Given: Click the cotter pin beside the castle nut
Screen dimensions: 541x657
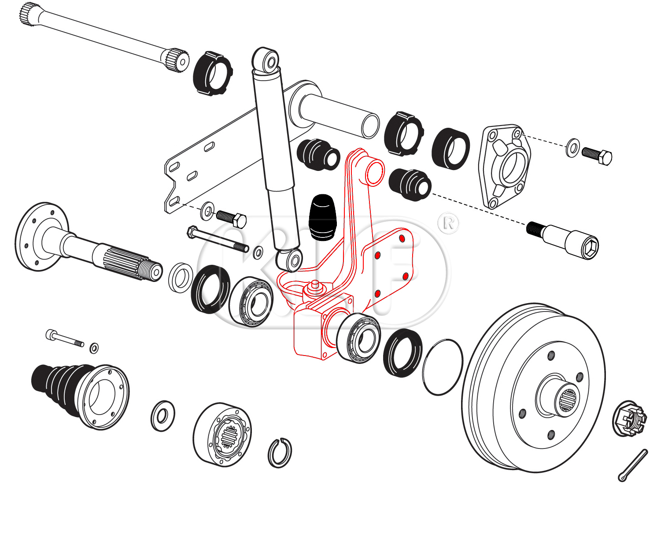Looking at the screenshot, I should [x=633, y=465].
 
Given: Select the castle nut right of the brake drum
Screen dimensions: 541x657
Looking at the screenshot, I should [x=630, y=419].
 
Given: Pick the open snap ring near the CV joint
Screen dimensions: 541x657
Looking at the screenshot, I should [x=280, y=452].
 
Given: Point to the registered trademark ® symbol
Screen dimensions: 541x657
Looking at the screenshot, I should [x=448, y=223].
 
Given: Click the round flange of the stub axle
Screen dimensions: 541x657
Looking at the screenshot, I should [x=35, y=237].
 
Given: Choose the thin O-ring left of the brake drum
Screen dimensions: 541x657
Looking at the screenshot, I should [x=443, y=367].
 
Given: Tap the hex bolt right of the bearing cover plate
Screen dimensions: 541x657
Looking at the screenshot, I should [x=597, y=155].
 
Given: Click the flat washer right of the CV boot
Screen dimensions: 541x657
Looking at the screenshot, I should [x=163, y=415].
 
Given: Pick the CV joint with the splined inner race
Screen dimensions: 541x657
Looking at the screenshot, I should [x=222, y=434].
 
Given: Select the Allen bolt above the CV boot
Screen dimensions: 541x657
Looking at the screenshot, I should [x=64, y=338].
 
